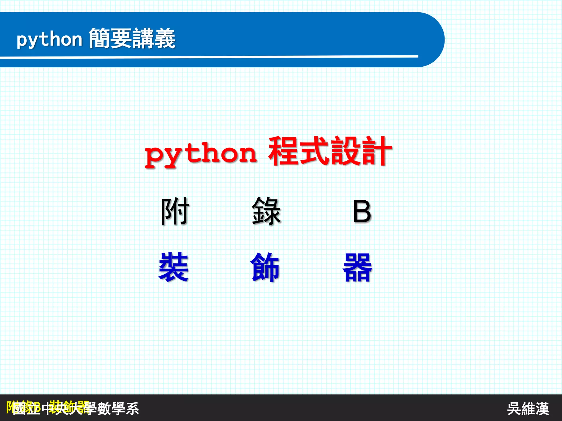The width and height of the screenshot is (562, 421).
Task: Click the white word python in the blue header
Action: point(49,40)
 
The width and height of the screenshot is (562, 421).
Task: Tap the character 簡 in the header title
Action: point(99,39)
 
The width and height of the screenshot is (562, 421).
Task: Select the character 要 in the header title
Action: point(121,39)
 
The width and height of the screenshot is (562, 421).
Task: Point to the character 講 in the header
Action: point(143,39)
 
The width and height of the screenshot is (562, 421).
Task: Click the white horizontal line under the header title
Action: point(209,57)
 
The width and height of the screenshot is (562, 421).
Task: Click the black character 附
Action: point(175,211)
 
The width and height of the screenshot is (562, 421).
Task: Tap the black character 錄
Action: point(266,211)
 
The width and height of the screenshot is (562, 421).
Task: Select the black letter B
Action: point(362,212)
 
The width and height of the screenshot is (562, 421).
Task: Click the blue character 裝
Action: point(174,267)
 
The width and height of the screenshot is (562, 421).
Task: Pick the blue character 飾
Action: point(265,267)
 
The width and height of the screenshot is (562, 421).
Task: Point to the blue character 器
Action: point(357,267)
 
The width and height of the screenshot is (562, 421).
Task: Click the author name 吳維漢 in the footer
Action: point(528,409)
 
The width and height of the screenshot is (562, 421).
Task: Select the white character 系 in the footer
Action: point(132,409)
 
